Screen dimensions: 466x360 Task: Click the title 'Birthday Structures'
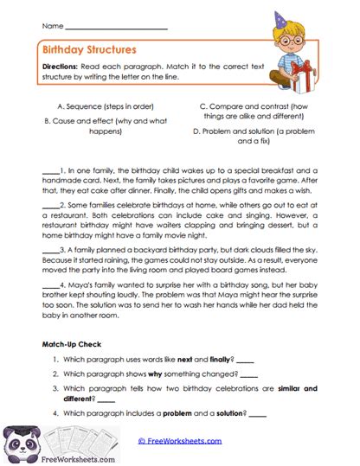83,50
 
